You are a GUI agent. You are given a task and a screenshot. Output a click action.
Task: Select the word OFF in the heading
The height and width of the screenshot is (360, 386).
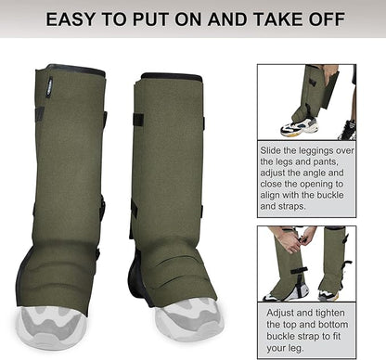coord(321,19)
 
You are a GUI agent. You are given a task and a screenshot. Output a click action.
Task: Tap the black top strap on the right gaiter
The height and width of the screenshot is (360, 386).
coord(138,119)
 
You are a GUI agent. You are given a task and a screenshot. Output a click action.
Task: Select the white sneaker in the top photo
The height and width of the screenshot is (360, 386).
coord(300,127)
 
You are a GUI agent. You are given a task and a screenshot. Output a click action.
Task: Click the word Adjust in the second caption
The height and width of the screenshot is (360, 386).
coord(278,315)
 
